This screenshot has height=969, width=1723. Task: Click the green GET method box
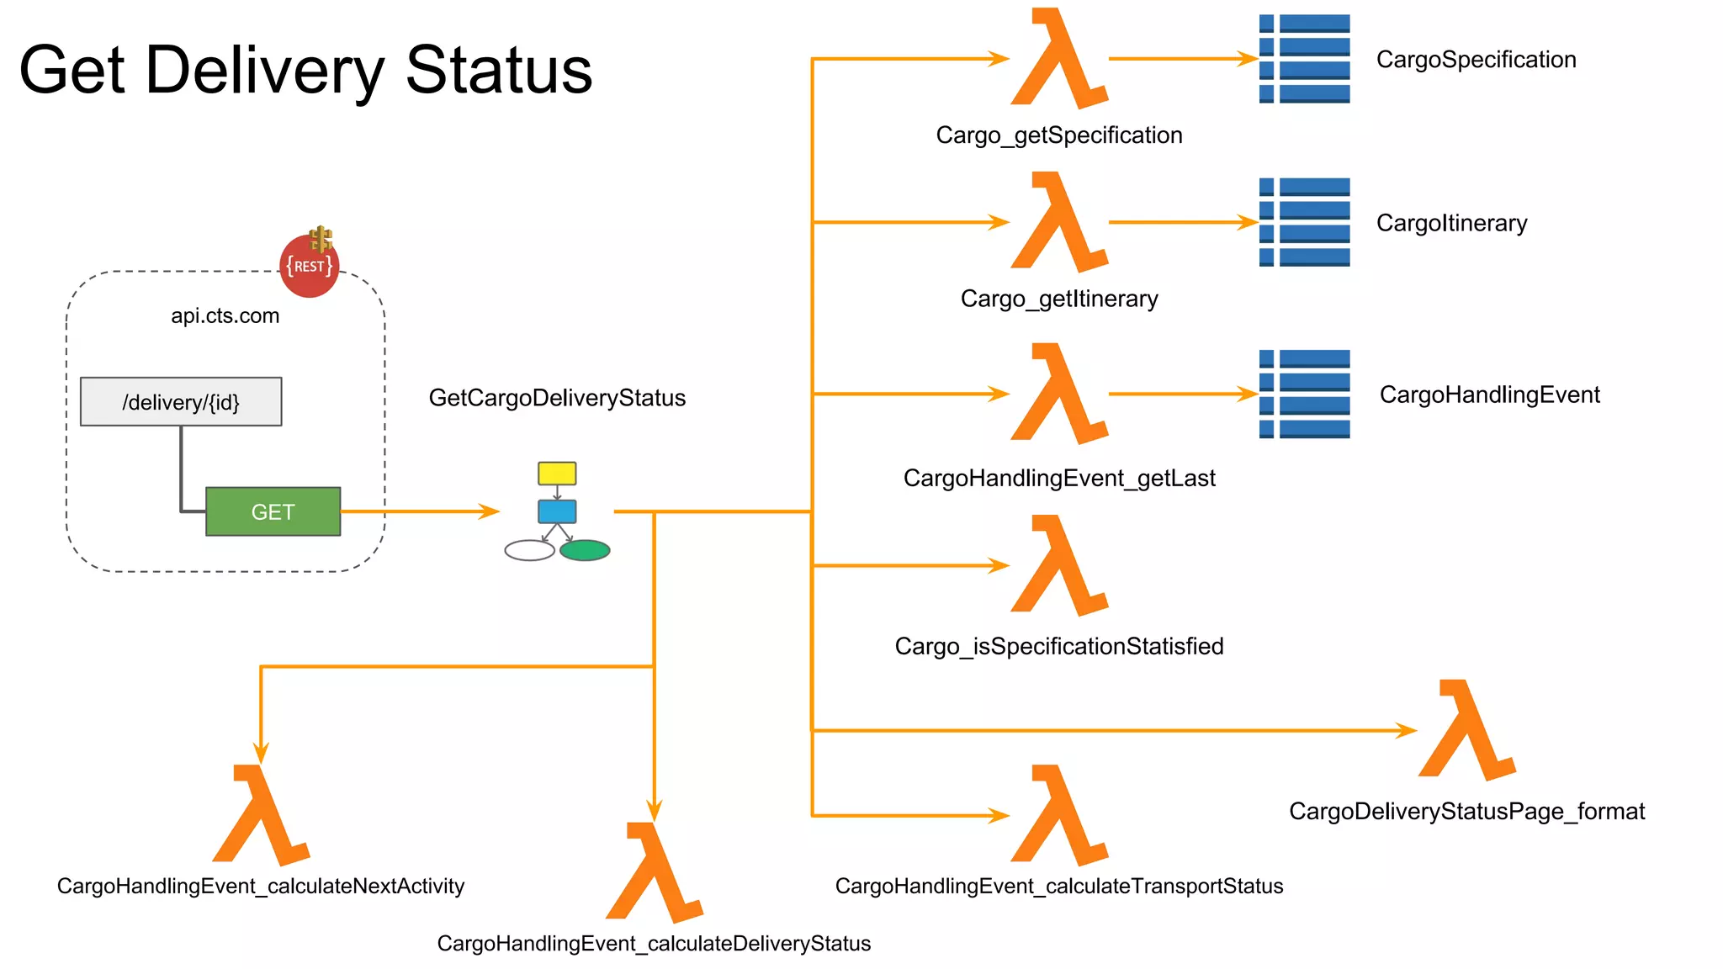point(273,511)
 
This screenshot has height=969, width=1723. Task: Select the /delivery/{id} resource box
point(181,402)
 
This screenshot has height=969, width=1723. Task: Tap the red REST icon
point(309,266)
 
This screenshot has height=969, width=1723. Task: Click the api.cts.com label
point(225,316)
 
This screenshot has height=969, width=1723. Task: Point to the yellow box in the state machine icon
point(557,473)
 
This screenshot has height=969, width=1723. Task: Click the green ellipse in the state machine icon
point(585,551)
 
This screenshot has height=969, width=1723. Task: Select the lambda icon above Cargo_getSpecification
point(1058,61)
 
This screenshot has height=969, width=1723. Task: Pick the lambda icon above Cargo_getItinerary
point(1058,224)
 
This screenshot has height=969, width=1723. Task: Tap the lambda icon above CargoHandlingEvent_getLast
point(1058,395)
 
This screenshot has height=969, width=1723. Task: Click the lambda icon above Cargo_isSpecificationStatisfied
point(1058,567)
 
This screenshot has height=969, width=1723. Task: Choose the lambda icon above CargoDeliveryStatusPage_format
point(1466,732)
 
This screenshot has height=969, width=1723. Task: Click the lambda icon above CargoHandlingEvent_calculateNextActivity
point(260,816)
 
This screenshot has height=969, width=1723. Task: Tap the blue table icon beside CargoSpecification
point(1304,59)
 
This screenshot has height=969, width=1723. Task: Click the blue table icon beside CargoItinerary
point(1304,222)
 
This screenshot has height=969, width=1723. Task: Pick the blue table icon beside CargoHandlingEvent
point(1304,394)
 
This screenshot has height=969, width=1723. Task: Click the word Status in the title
point(499,71)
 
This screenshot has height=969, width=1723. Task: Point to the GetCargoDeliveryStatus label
point(557,398)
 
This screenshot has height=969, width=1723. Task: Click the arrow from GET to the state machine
point(421,511)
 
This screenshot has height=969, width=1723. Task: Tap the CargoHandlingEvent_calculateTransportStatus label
point(1058,887)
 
